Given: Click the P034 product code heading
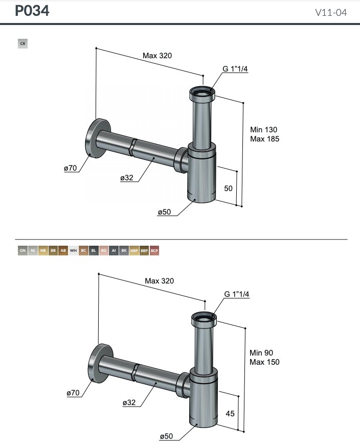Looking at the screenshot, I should point(32,11).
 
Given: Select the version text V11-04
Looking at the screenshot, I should point(331,12).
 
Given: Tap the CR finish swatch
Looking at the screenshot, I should point(22,44).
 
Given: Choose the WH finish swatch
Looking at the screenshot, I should point(73,250).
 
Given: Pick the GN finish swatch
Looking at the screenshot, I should point(22,250).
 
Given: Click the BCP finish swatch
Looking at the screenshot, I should point(154,250).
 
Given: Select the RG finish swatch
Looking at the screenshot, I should point(103,250).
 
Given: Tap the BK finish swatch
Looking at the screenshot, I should point(124,250).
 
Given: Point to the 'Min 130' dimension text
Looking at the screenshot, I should point(264,130).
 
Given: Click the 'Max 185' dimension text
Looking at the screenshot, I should point(265,138).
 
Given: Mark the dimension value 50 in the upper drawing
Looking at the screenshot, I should point(229,188).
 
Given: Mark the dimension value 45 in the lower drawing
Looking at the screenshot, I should point(230,413).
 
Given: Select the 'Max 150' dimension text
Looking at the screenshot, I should point(264,362).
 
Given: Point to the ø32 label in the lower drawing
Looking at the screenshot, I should point(129,403).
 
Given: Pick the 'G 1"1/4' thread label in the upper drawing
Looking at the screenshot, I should point(235,70).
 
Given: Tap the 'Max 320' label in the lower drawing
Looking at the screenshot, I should point(160,281).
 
